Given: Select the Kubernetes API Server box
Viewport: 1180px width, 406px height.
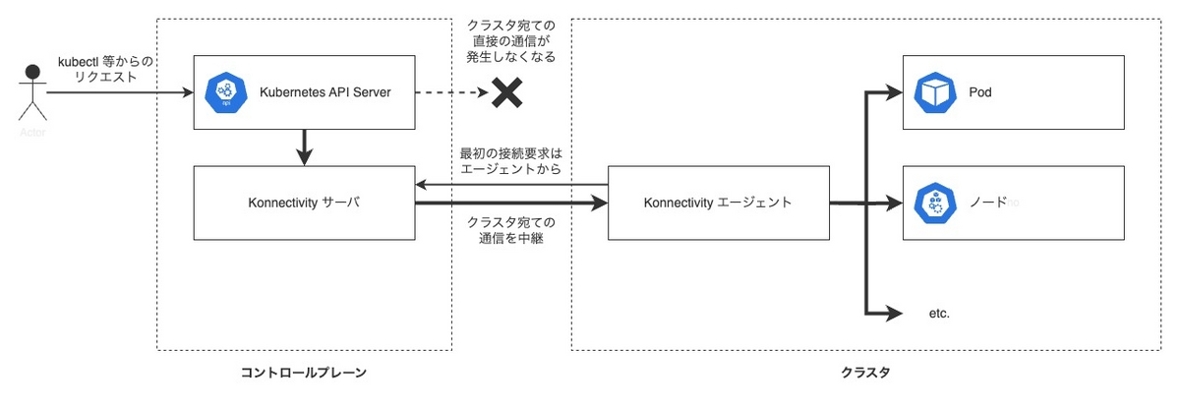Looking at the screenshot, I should coord(304,93).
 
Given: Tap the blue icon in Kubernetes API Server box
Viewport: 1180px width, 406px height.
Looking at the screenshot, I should coord(223,93).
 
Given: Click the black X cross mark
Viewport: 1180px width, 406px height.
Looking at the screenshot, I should coord(505,93).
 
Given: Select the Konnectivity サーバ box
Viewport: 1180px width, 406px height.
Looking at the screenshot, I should coord(304,203).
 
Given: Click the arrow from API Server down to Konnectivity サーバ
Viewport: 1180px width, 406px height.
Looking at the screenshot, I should coord(304,147).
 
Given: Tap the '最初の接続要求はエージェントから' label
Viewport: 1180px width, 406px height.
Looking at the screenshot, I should coord(510,162).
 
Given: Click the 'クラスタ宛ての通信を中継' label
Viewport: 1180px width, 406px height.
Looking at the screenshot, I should coord(510,229).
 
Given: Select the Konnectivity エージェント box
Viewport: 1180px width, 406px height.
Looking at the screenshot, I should coord(719,203).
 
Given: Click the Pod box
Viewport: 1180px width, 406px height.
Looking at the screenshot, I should coord(1013,93).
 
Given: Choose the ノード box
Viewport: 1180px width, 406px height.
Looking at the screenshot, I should coord(1013,203).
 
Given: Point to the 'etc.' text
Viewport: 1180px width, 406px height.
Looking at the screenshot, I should coord(939,315).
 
